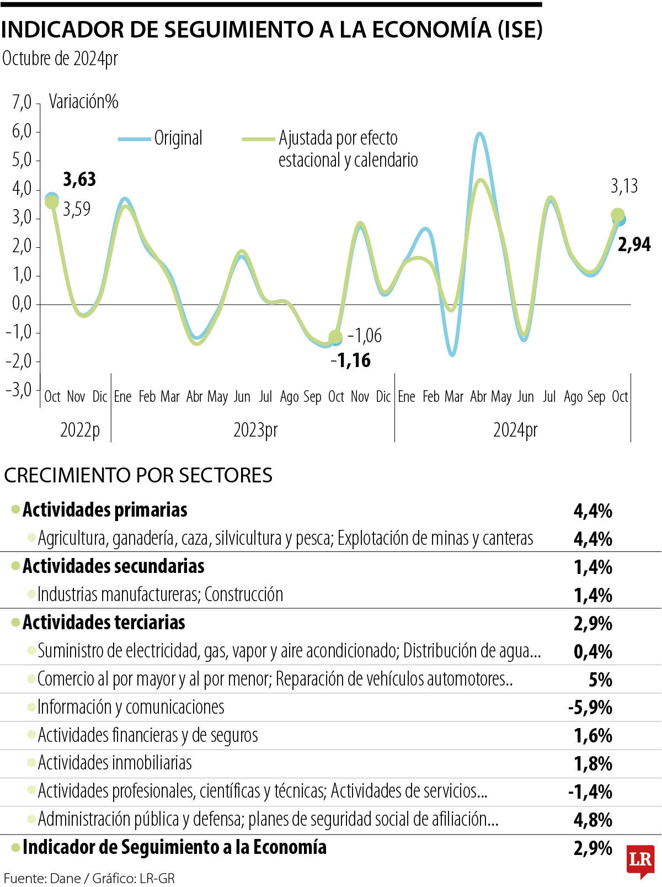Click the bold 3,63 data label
pyautogui.click(x=79, y=179)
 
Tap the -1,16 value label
pyautogui.click(x=351, y=360)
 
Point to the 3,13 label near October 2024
pyautogui.click(x=624, y=187)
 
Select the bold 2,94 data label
pyautogui.click(x=634, y=244)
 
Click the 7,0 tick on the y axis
pyautogui.click(x=22, y=103)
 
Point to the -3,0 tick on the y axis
pyautogui.click(x=19, y=390)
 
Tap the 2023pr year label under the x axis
pyautogui.click(x=255, y=429)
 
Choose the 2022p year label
pyautogui.click(x=80, y=429)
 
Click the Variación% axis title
pyautogui.click(x=84, y=102)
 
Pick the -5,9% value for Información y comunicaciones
pyautogui.click(x=590, y=708)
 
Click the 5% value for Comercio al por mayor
pyautogui.click(x=600, y=679)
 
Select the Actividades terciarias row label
pyautogui.click(x=104, y=623)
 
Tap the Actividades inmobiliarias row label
pyautogui.click(x=115, y=763)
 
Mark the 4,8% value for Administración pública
pyautogui.click(x=593, y=820)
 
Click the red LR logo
pyautogui.click(x=640, y=860)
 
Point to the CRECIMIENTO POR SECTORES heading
pyautogui.click(x=138, y=475)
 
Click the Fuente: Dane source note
pyautogui.click(x=89, y=878)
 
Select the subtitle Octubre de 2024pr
pyautogui.click(x=60, y=59)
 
